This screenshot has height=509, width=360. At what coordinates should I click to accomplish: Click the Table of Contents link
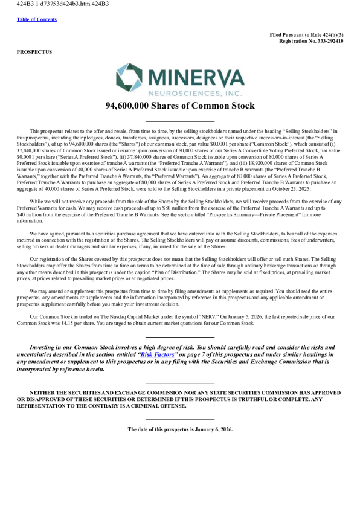point(37,19)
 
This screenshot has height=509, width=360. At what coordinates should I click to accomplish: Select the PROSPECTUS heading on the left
point(34,52)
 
